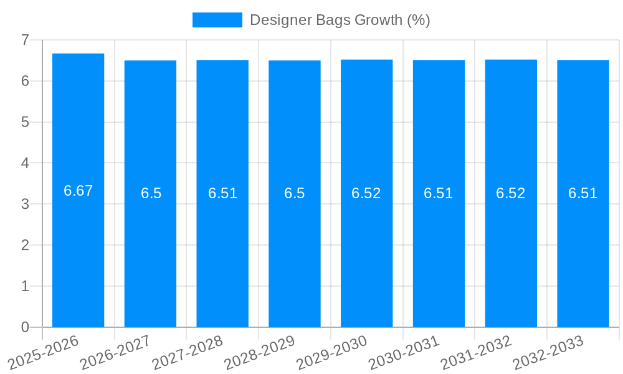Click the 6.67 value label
(78, 191)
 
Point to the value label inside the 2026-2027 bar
(151, 193)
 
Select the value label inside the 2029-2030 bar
(366, 193)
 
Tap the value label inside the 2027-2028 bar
(222, 193)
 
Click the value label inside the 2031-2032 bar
(511, 193)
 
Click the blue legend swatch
(217, 20)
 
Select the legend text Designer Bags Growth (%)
(340, 20)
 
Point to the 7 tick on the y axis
(25, 40)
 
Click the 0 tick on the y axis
(25, 327)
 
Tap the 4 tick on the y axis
(25, 163)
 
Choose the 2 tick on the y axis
(25, 245)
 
